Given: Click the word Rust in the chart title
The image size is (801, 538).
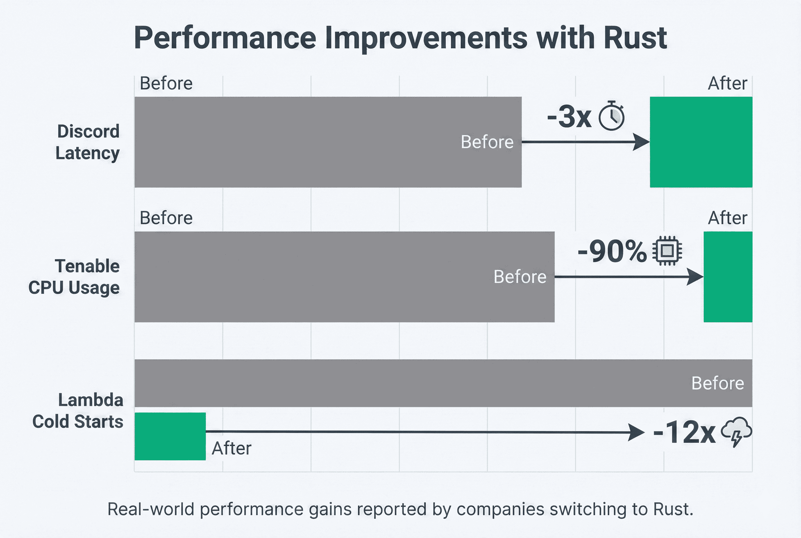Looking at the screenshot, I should [635, 38].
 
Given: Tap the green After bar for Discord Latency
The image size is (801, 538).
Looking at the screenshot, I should [701, 142].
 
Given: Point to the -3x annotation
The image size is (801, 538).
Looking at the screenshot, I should [569, 117].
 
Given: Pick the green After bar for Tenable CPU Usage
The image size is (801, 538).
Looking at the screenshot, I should [728, 277].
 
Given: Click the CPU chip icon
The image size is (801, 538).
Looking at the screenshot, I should [667, 251].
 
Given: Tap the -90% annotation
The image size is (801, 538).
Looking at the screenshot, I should [612, 252].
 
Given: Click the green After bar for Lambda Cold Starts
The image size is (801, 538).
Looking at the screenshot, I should [170, 436].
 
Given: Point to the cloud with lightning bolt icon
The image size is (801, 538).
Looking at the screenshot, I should [736, 432].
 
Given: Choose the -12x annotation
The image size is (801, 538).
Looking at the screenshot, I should [684, 432].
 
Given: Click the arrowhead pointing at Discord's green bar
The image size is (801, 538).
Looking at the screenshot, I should [640, 142].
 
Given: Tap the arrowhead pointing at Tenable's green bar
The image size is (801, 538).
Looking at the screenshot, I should [695, 277].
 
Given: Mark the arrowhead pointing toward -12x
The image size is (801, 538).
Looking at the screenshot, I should [636, 432].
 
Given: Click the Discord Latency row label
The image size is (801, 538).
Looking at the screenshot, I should [88, 142].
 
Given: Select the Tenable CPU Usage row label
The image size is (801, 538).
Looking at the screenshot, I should [74, 277].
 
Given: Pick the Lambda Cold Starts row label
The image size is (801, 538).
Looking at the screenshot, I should [78, 411].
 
